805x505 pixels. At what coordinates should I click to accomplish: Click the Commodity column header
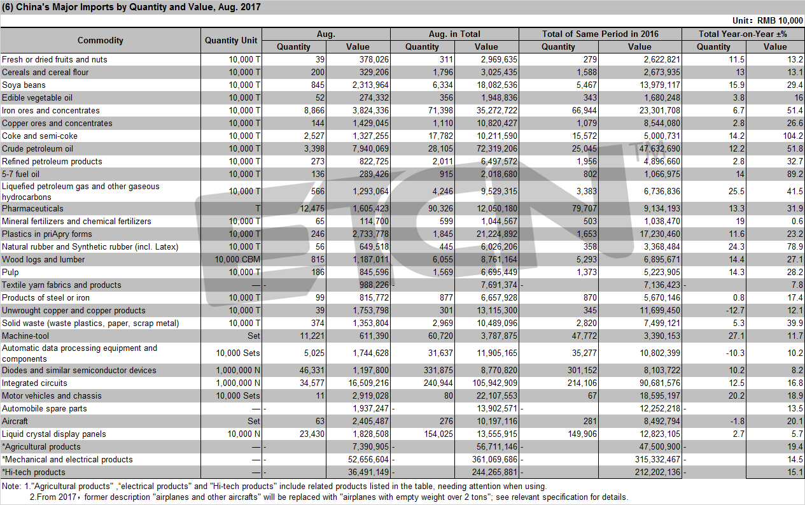[x=101, y=40]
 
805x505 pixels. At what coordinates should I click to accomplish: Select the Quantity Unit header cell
[x=231, y=40]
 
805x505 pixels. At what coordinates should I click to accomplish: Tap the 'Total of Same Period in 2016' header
[x=600, y=34]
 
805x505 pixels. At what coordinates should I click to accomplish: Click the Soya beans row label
[x=24, y=85]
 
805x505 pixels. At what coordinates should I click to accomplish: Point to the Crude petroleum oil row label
[x=38, y=148]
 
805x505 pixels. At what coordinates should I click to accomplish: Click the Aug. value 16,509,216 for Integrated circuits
[x=368, y=383]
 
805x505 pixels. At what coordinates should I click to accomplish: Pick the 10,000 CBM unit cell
[x=237, y=259]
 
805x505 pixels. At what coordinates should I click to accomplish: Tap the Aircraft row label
[x=15, y=421]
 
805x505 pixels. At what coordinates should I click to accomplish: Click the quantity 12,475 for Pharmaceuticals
[x=312, y=208]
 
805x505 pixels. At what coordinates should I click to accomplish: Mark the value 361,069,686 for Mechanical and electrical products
[x=494, y=459]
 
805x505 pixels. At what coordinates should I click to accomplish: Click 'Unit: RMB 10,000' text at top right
[x=767, y=20]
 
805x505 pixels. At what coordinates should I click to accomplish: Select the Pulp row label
[x=10, y=273]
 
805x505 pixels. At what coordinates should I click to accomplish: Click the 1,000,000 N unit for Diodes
[x=238, y=370]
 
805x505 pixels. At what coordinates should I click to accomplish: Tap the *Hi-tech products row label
[x=34, y=473]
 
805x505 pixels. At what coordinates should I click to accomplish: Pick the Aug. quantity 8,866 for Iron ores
[x=314, y=110]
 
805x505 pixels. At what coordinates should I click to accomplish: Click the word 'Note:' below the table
[x=11, y=487]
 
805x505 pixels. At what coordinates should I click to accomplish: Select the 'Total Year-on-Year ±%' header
[x=743, y=34]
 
